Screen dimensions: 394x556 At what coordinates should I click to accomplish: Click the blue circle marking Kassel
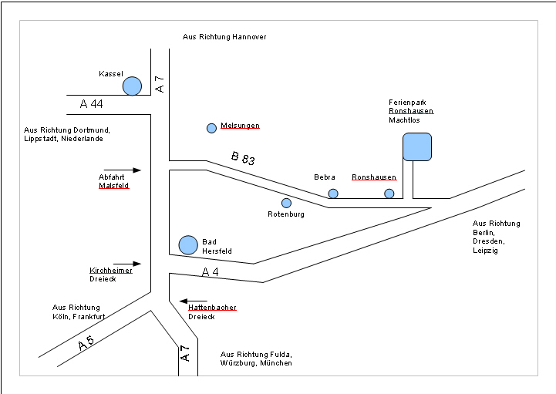(x=132, y=86)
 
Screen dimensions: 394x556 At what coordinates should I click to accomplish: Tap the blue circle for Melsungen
(x=211, y=128)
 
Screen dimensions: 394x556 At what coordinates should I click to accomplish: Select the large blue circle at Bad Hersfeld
(x=188, y=245)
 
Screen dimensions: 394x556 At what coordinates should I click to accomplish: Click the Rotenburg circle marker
(x=286, y=203)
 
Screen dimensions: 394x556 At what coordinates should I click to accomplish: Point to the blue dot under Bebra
(x=333, y=194)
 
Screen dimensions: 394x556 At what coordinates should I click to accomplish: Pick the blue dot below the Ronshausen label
(x=389, y=194)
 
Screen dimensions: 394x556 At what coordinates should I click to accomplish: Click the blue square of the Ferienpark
(x=417, y=146)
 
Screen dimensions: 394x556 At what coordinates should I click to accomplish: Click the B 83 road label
(x=243, y=159)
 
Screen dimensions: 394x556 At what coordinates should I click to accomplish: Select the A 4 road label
(x=211, y=272)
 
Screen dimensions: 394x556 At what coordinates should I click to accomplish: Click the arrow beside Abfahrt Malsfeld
(x=123, y=170)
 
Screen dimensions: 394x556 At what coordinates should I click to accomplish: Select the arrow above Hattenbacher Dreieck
(x=194, y=301)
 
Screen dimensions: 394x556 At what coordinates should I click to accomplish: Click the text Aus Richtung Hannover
(x=224, y=37)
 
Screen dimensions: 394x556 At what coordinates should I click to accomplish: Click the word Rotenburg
(x=286, y=214)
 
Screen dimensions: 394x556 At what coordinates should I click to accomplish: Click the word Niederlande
(x=83, y=139)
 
